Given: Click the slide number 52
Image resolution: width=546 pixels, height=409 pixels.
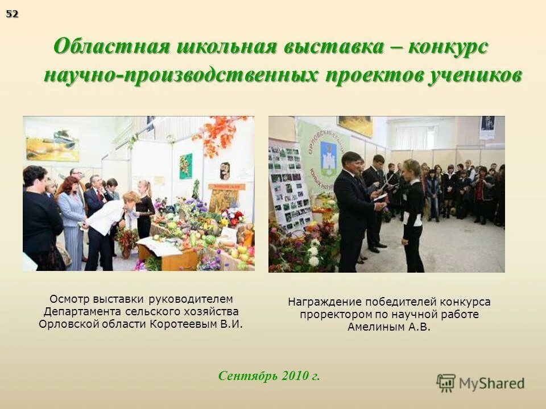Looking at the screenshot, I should (12, 14).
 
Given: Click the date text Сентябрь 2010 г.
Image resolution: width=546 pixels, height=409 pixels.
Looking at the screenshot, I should (269, 376).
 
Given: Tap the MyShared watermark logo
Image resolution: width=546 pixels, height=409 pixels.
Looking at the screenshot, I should (481, 383).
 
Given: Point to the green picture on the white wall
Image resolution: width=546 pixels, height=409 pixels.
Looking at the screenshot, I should (185, 165).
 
